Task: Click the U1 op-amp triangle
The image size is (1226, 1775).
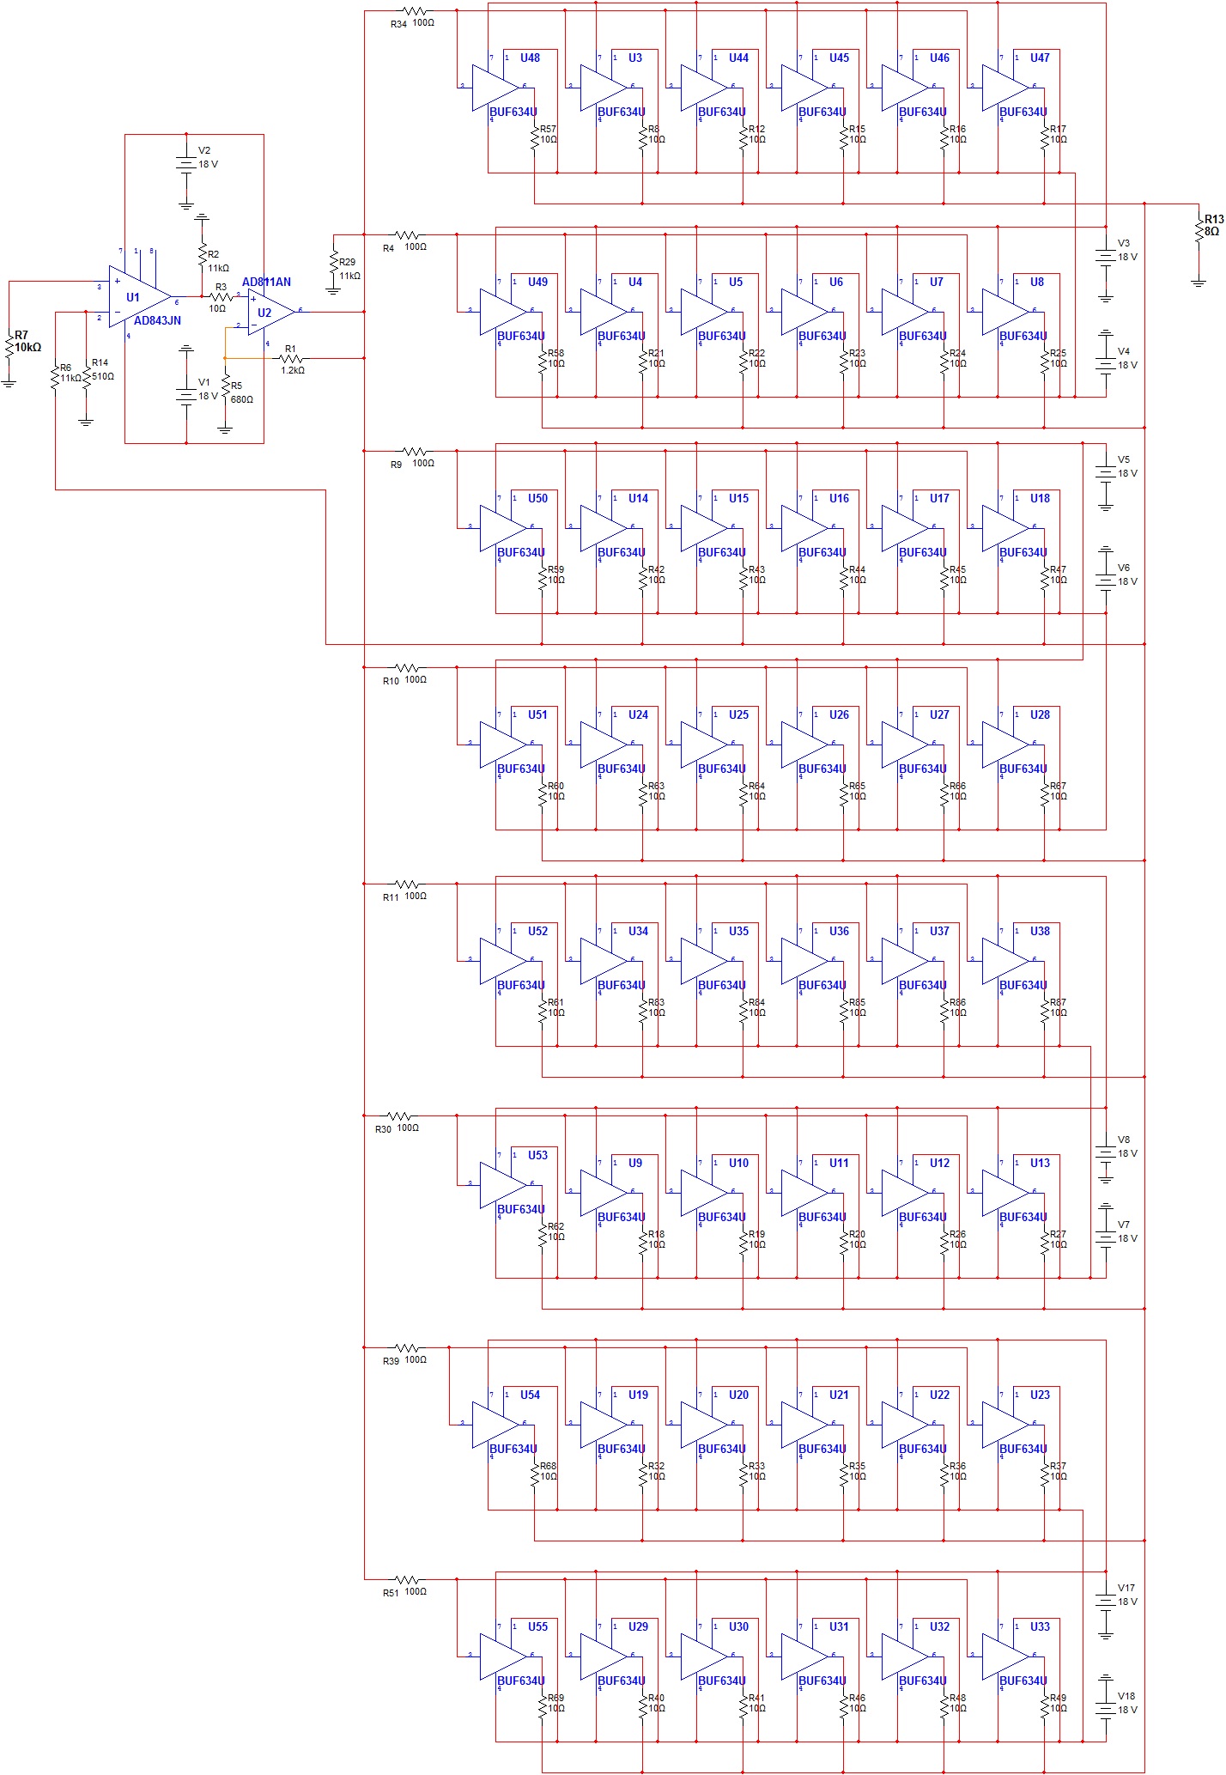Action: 137,296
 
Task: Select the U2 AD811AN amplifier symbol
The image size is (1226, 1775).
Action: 270,312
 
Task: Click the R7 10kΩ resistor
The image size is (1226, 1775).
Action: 9,347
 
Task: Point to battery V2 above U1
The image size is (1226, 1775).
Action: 186,163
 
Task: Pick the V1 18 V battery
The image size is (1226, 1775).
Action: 186,395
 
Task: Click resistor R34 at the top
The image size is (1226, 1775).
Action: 416,12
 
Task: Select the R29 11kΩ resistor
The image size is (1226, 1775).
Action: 333,264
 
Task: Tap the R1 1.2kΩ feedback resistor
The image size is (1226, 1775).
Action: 291,358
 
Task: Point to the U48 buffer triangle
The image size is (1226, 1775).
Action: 494,88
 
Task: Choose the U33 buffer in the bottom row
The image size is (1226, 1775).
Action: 1004,1656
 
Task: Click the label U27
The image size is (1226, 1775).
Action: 939,714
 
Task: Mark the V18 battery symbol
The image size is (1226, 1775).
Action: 1106,1703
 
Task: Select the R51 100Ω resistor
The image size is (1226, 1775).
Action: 409,1579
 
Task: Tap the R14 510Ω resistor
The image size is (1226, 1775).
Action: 86,376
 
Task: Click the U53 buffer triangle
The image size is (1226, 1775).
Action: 501,1185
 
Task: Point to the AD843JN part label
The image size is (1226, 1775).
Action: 157,321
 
